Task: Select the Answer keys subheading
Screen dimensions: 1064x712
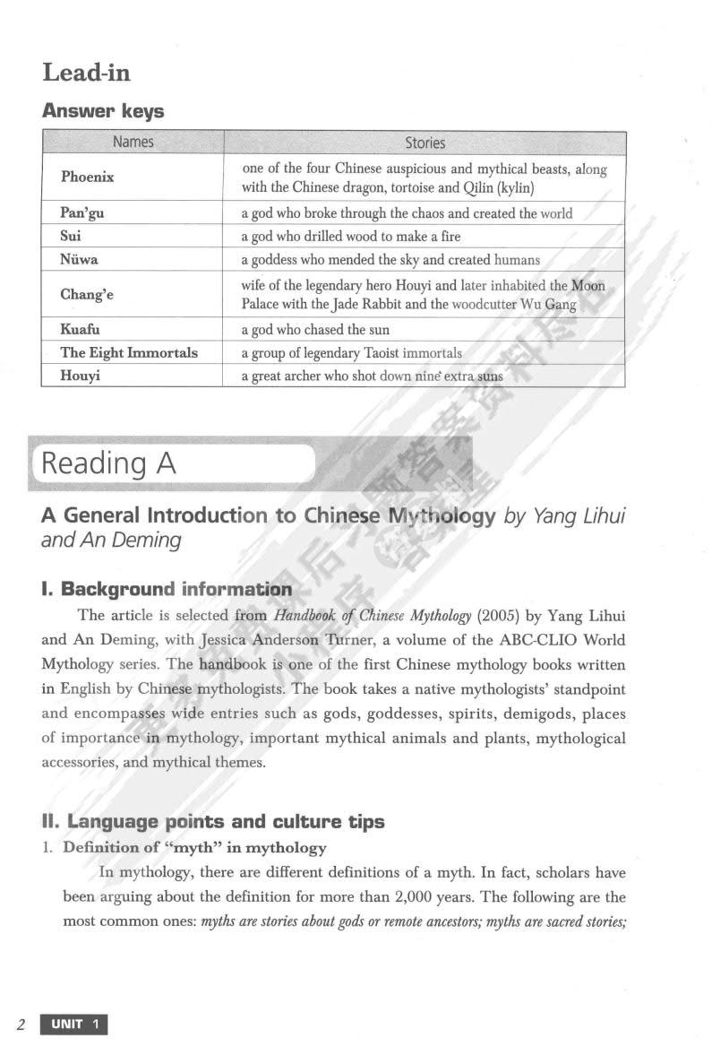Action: tap(103, 111)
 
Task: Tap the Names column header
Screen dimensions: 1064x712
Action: tap(133, 142)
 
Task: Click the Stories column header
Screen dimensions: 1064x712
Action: tap(425, 143)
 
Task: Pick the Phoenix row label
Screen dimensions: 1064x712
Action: tap(87, 177)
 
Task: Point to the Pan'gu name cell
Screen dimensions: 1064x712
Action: tap(81, 213)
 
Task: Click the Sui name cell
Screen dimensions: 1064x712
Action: tap(71, 237)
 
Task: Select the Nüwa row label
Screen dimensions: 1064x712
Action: tap(79, 260)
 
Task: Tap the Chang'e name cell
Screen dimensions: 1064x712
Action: tap(87, 294)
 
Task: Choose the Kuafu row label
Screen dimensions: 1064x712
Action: tap(80, 329)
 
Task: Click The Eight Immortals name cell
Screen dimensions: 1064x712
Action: tap(129, 352)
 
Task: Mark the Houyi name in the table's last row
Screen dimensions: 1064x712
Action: tap(80, 376)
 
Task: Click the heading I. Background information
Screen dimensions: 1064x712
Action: tap(167, 589)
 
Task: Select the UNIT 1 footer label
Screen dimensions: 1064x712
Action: tap(73, 1025)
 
